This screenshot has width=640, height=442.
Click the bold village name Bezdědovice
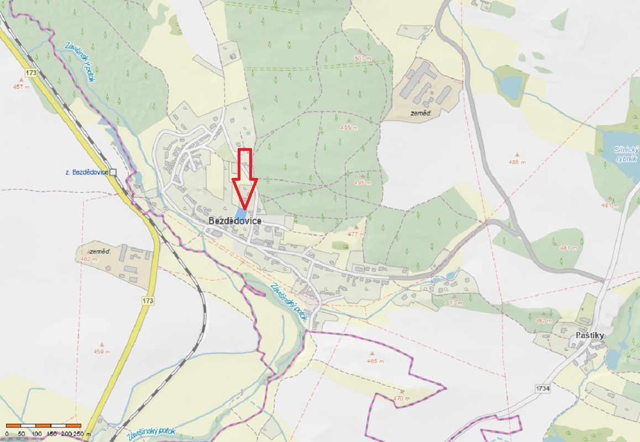pos(235,221)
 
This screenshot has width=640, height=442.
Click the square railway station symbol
pos(113,172)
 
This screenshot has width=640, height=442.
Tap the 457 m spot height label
pos(21,87)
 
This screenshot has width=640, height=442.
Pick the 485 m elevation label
pos(517,162)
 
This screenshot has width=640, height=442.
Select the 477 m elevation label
pos(356,234)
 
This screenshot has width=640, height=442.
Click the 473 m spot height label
pos(453,303)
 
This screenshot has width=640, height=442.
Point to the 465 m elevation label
pos(375,361)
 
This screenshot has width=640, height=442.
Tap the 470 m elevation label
pos(402,398)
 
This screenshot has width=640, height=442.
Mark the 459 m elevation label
pos(102,351)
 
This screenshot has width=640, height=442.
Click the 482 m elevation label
pos(544,320)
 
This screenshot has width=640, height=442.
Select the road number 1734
pos(543,389)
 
